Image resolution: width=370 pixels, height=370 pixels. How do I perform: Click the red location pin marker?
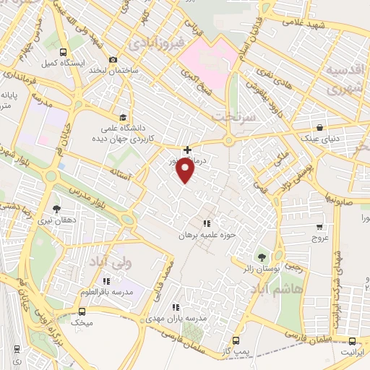pyautogui.click(x=186, y=171)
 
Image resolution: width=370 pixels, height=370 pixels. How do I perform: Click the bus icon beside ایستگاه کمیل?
pyautogui.click(x=64, y=52)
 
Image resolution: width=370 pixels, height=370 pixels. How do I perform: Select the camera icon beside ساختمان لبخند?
pyautogui.click(x=112, y=60)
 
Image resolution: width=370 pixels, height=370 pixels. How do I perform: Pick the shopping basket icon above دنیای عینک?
pyautogui.click(x=319, y=126)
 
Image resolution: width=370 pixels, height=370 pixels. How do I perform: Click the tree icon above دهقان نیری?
pyautogui.click(x=57, y=208)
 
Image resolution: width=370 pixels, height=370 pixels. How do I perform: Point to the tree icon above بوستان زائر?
pyautogui.click(x=262, y=256)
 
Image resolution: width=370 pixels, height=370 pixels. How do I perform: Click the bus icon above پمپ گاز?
pyautogui.click(x=236, y=340)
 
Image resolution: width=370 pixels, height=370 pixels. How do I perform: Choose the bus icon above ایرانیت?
pyautogui.click(x=353, y=341)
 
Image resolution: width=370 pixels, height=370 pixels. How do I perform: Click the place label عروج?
pyautogui.click(x=319, y=236)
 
